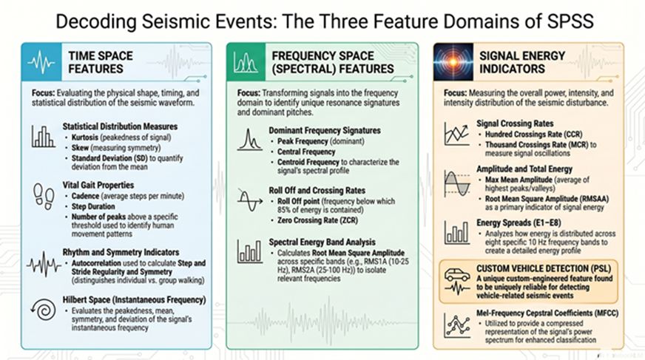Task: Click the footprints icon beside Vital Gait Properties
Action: [x=43, y=197]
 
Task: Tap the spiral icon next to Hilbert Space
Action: [x=44, y=310]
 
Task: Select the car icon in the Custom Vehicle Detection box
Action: [x=456, y=274]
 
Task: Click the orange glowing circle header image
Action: [x=453, y=61]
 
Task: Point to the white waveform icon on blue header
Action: [x=41, y=63]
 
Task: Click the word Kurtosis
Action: [x=85, y=137]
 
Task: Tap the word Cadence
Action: [x=85, y=196]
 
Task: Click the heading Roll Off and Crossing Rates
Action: [x=317, y=191]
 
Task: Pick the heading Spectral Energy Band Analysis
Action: [x=322, y=242]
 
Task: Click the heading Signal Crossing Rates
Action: [x=515, y=123]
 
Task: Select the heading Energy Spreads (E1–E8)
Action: [x=519, y=223]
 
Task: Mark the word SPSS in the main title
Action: [x=571, y=21]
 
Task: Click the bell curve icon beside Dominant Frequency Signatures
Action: [x=249, y=140]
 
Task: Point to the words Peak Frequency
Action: [x=303, y=141]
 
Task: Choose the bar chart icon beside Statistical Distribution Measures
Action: [x=43, y=137]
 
